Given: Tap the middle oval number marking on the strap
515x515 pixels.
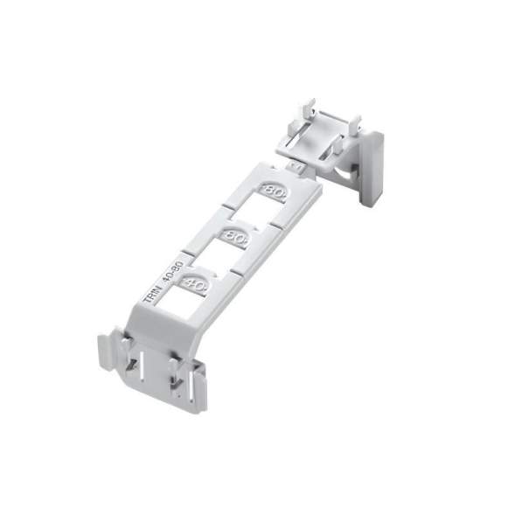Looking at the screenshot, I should [x=234, y=235].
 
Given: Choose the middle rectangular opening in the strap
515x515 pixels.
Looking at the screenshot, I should [x=215, y=256].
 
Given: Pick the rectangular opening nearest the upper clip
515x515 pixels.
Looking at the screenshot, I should [x=254, y=210].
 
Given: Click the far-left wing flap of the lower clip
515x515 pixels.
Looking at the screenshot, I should [x=106, y=350].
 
